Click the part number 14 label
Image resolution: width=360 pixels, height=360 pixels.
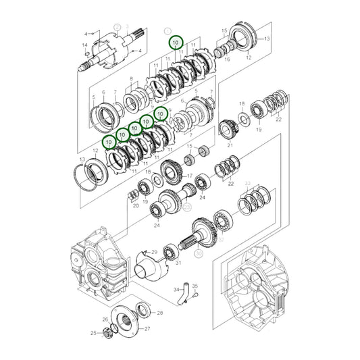[x=84, y=45]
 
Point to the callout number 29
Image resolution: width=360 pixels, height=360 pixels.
[x=154, y=252]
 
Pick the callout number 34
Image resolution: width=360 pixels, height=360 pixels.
[x=175, y=289]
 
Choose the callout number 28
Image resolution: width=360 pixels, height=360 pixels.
[x=159, y=313]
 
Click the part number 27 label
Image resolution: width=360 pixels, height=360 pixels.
[x=149, y=328]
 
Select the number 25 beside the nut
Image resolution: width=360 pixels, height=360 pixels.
[x=93, y=333]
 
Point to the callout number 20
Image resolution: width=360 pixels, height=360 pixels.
[x=136, y=205]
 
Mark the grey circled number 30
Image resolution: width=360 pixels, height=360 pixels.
[x=199, y=253]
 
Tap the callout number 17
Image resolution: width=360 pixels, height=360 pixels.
[x=190, y=176]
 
